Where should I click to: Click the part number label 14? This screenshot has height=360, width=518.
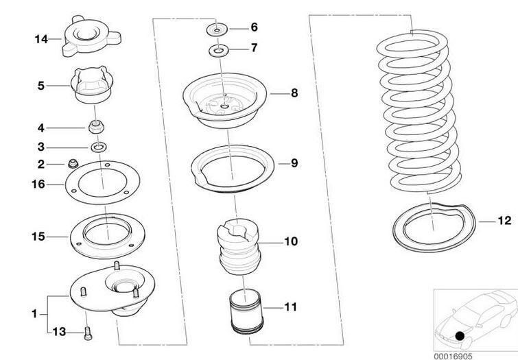tap(40, 39)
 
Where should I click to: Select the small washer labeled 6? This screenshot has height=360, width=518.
tap(217, 29)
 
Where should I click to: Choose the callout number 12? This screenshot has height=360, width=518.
tap(504, 221)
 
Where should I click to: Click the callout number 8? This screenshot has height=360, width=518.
tap(294, 92)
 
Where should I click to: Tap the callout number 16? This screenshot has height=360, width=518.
tap(38, 184)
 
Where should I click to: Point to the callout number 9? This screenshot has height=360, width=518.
tap(294, 163)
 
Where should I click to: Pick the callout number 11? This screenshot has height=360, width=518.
tap(290, 307)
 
